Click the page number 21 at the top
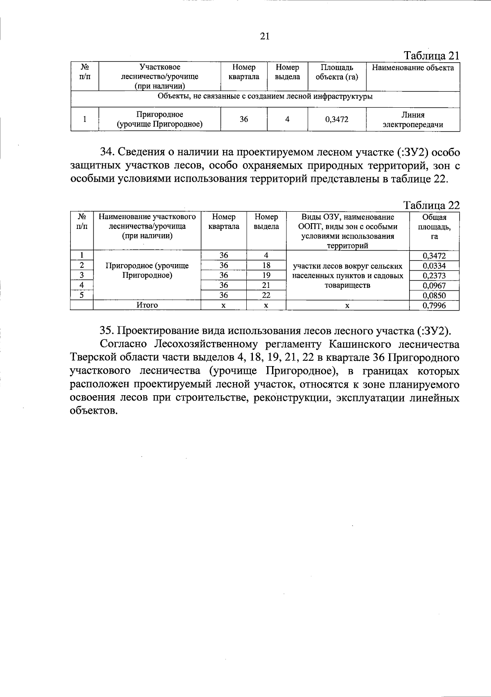265,36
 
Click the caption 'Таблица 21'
432,56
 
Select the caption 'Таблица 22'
432,205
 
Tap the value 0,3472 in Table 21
336,120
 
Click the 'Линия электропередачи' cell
412,120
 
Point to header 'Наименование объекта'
412,68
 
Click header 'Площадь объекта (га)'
336,72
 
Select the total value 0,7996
434,306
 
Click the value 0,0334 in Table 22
434,266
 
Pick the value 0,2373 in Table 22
434,276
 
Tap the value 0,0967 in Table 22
434,285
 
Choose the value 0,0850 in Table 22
434,295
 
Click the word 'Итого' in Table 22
147,305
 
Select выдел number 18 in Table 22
266,265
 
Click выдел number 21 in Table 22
266,285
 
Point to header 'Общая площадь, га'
434,226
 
